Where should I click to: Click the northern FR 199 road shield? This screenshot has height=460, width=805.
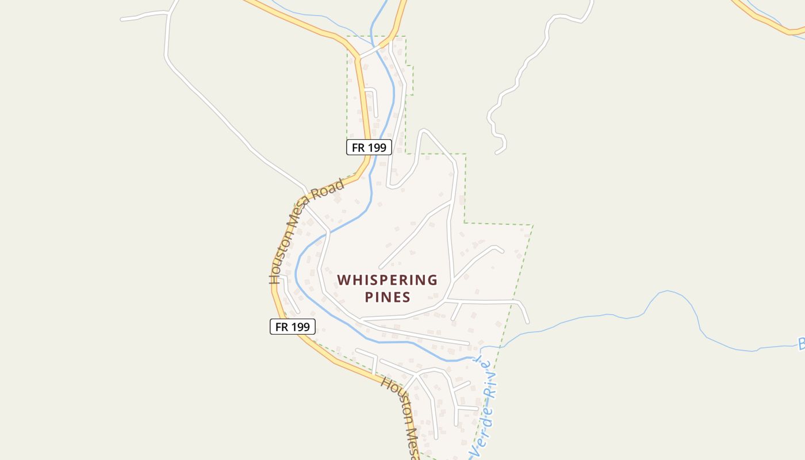click(x=369, y=147)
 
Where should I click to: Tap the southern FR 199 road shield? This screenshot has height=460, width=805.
click(x=293, y=327)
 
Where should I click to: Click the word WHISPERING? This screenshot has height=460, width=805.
click(x=387, y=280)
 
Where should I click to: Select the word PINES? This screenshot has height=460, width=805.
click(x=387, y=297)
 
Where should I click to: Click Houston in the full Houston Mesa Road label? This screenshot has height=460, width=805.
click(x=279, y=262)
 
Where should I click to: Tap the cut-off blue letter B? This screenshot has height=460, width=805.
click(x=800, y=344)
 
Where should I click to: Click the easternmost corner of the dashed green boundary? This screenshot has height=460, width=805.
click(x=532, y=225)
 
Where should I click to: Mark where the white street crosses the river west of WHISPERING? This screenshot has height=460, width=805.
click(x=328, y=232)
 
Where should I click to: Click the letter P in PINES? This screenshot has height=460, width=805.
click(x=369, y=297)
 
